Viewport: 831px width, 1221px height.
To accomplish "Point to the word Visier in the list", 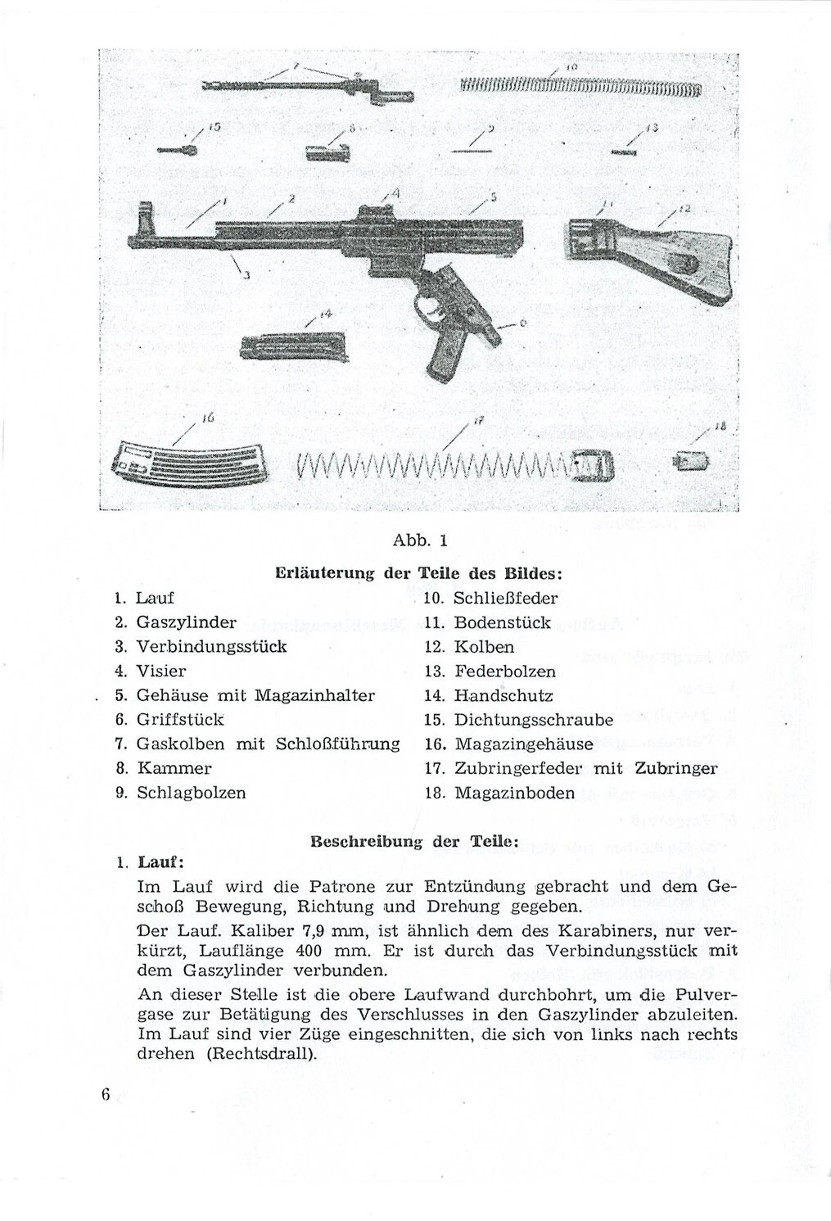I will [x=161, y=671].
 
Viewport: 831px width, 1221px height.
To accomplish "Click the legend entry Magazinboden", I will [x=514, y=793].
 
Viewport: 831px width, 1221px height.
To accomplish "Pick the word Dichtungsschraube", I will [x=534, y=720].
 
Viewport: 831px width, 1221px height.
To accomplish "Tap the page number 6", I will [x=106, y=1097].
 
